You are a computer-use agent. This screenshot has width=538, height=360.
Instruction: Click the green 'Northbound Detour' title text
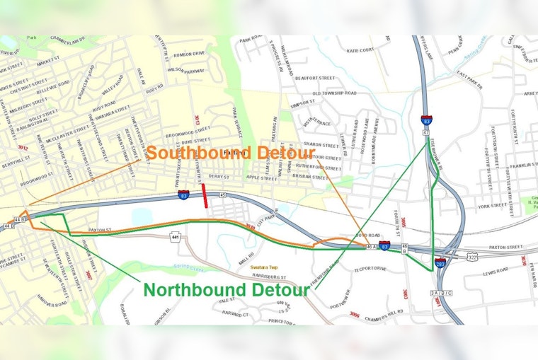227,290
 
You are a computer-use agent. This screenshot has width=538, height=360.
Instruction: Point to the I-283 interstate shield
440,262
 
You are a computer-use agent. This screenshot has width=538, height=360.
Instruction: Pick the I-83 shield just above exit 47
426,120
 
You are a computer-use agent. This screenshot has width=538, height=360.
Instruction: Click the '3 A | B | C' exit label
440,292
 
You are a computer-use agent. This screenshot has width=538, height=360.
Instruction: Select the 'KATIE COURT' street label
360,50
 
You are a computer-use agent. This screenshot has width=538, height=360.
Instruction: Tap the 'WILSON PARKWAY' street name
185,70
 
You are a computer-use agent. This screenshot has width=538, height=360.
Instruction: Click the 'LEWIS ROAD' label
496,271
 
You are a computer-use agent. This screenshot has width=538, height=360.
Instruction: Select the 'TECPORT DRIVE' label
369,269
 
